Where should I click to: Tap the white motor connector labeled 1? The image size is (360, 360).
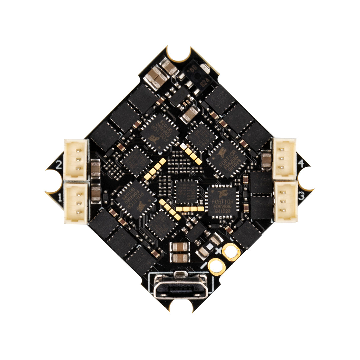pyautogui.click(x=76, y=203)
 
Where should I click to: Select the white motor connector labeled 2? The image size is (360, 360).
pyautogui.click(x=76, y=159)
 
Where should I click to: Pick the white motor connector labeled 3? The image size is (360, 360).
pyautogui.click(x=285, y=201)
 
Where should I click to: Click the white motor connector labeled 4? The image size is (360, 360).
pyautogui.click(x=284, y=159)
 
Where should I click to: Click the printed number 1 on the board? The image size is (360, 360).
pyautogui.click(x=60, y=198)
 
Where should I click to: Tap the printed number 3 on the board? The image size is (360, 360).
pyautogui.click(x=301, y=196)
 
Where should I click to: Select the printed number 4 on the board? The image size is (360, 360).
pyautogui.click(x=301, y=164)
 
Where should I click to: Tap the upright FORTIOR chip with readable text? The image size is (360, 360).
pyautogui.click(x=222, y=202)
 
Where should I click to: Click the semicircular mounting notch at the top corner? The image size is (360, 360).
pyautogui.click(x=179, y=53)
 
